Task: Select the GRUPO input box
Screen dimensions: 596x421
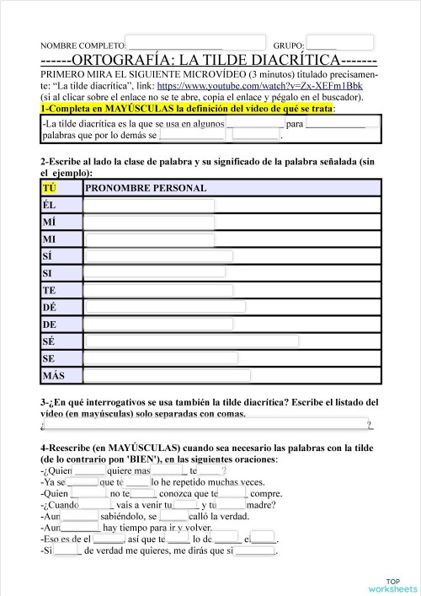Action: click(339, 43)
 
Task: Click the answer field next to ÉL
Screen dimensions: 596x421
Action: click(149, 206)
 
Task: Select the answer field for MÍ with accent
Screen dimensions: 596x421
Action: click(149, 223)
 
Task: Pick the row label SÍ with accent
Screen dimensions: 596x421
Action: click(49, 256)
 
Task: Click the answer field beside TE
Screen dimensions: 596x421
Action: click(158, 290)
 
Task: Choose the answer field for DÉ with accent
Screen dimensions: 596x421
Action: click(164, 308)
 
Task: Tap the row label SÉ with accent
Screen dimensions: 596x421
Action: click(49, 341)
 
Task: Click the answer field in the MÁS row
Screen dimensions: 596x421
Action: click(167, 375)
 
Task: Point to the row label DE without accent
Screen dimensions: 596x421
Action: click(49, 325)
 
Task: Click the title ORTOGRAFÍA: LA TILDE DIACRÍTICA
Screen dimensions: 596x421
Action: click(209, 62)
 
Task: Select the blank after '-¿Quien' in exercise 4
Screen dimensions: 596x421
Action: click(89, 470)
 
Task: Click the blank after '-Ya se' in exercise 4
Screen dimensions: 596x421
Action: click(83, 482)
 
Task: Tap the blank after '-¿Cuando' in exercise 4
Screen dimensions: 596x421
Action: click(97, 505)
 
